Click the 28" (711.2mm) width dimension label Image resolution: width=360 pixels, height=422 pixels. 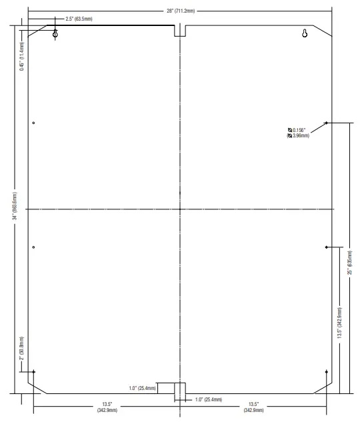pos(179,11)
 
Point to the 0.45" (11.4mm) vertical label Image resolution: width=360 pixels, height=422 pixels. pos(22,56)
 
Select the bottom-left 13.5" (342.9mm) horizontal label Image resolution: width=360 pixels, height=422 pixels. pos(107,407)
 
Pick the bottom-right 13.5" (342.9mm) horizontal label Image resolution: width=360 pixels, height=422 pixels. pos(253,407)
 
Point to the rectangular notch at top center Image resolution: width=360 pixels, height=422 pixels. pos(179,31)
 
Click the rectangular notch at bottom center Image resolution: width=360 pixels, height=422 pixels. pos(179,389)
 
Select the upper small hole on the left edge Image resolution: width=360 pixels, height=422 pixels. pos(33,123)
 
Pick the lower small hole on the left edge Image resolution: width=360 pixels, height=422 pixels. pos(33,247)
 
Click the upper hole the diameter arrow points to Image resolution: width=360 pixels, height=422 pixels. pos(326,123)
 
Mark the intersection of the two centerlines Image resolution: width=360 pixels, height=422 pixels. pos(179,209)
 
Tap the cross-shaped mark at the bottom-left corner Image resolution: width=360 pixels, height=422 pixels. pos(33,372)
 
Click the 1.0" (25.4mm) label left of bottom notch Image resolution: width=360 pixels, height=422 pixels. pos(143,387)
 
